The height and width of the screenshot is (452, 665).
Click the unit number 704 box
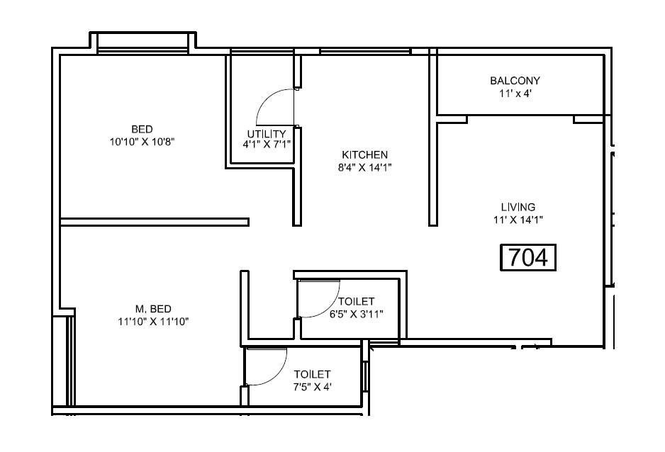529,258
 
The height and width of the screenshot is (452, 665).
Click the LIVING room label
518,207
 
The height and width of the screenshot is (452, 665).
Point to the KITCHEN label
365,155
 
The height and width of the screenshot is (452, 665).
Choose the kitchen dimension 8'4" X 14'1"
365,168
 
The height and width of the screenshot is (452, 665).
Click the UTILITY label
267,134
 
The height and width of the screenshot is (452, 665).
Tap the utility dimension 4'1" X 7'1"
267,145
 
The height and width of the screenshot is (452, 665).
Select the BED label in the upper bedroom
142,129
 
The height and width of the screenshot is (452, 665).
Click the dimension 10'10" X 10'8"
142,142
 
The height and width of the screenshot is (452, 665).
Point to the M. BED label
153,308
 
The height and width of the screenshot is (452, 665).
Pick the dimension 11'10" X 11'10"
152,321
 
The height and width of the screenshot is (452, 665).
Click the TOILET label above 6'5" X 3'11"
357,303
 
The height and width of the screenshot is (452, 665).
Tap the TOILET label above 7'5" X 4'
313,374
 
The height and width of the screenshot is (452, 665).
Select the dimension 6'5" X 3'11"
357,315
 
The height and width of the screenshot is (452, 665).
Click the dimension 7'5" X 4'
313,387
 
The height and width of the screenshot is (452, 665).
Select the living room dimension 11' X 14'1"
518,220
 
